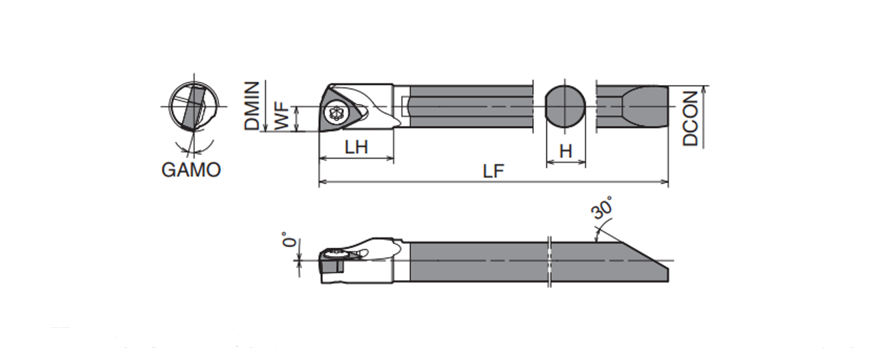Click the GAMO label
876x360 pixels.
(x=191, y=170)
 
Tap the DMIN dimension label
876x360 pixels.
(x=252, y=105)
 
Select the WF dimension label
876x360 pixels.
(x=282, y=116)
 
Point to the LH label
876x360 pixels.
(x=356, y=147)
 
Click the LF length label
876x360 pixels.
(x=493, y=171)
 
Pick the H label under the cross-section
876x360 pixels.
(x=566, y=151)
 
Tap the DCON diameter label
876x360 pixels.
(x=690, y=118)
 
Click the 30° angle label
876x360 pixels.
(x=602, y=208)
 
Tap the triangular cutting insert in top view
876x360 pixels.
(x=339, y=110)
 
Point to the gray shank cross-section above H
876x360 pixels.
(x=565, y=106)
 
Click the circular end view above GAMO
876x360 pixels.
(x=193, y=106)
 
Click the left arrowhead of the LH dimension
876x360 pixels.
(x=324, y=158)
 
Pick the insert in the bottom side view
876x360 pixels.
(x=332, y=262)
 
